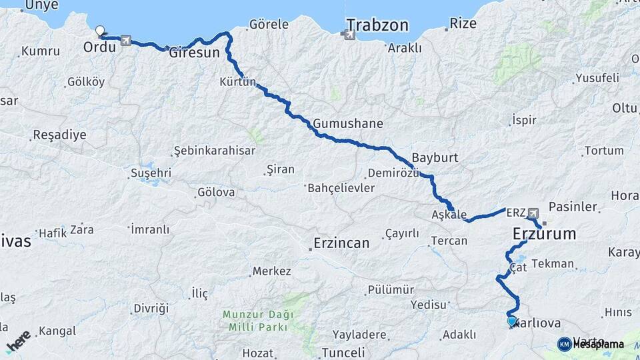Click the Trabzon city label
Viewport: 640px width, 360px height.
[x=377, y=26]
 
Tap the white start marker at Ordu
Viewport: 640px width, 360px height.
[x=100, y=31]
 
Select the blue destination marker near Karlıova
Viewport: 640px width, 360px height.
[x=511, y=321]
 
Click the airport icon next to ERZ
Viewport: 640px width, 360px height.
[x=533, y=213]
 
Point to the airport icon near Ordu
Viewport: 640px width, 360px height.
[x=126, y=41]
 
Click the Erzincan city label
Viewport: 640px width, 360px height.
[x=342, y=243]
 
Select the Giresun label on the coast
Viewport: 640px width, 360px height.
[x=194, y=53]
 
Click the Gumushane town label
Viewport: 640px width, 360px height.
[x=347, y=124]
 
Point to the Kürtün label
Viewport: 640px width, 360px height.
[x=238, y=82]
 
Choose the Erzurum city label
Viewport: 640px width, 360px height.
[x=544, y=234]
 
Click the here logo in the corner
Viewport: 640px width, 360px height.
[x=18, y=341]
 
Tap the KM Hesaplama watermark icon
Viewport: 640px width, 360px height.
[x=565, y=344]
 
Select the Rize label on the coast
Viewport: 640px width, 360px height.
[x=463, y=23]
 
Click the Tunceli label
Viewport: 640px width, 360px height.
[x=343, y=353]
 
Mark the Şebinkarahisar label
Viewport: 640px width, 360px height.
[x=214, y=151]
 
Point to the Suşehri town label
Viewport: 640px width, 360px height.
[x=151, y=173]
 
